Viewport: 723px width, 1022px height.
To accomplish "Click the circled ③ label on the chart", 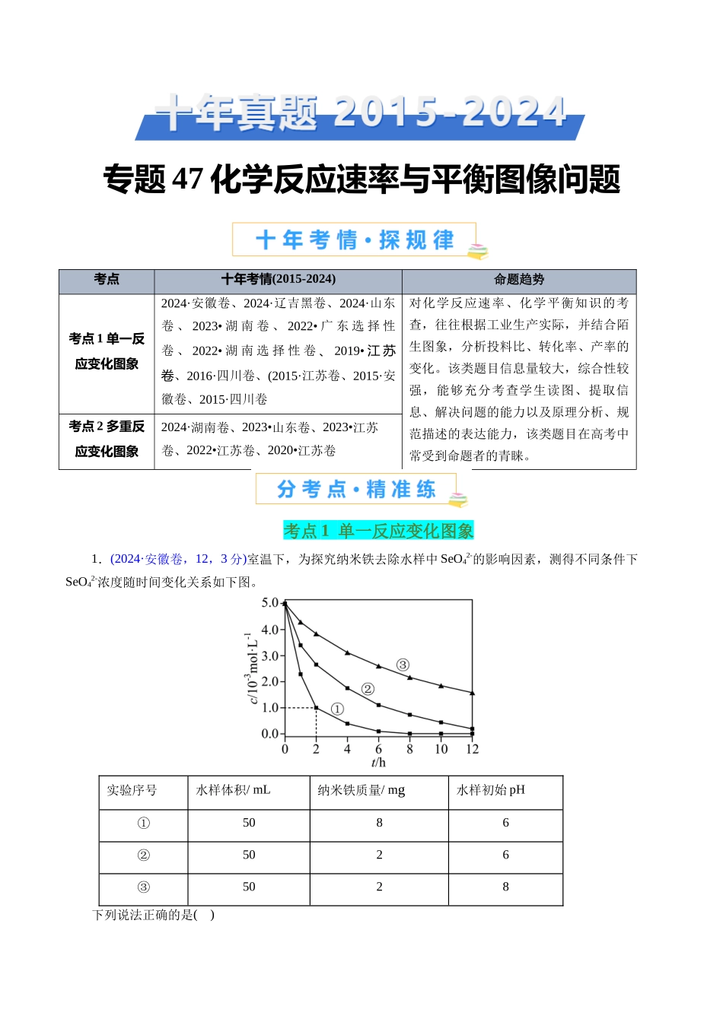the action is (x=403, y=665).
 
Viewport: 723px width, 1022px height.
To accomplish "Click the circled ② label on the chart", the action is (x=368, y=689).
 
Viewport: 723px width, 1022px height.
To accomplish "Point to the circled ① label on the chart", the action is (x=337, y=709).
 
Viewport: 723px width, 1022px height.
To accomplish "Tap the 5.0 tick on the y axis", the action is (x=270, y=603).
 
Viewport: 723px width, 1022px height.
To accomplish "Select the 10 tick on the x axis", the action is (x=441, y=749).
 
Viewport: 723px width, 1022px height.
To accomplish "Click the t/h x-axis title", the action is (x=378, y=763).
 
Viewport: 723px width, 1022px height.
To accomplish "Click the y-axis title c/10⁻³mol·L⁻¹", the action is (x=253, y=668).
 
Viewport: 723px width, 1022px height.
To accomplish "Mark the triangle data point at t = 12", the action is (x=473, y=693).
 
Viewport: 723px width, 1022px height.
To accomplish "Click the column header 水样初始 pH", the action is (x=490, y=790).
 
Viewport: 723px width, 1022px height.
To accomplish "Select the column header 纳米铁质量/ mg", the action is (x=361, y=790).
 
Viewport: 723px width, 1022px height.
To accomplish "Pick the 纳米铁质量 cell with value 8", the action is (x=379, y=823).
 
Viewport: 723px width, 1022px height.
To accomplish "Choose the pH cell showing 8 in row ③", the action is (x=505, y=887).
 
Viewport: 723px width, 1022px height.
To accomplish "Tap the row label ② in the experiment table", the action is (x=143, y=855).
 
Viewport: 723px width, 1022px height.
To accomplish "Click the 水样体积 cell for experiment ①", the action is (x=249, y=823).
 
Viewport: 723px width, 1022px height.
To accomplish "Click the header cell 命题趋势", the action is (x=519, y=280).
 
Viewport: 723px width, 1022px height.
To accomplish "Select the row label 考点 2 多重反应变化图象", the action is (x=107, y=439).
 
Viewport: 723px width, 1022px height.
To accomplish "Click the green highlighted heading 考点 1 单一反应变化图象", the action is (x=378, y=531).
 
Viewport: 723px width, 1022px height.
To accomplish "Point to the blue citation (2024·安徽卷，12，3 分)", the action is (x=179, y=559).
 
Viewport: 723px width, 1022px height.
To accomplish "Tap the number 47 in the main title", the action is (x=187, y=179).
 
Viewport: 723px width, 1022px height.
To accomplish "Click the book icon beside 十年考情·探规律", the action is (x=477, y=251).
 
